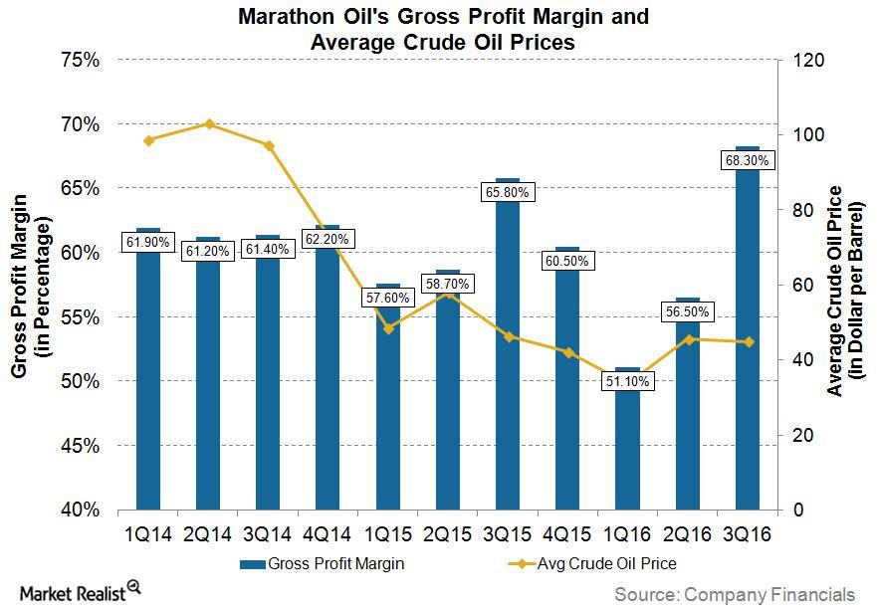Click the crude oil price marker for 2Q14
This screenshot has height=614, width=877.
209,124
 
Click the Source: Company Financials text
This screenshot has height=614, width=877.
734,594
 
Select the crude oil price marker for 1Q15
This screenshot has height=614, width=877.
387,328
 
